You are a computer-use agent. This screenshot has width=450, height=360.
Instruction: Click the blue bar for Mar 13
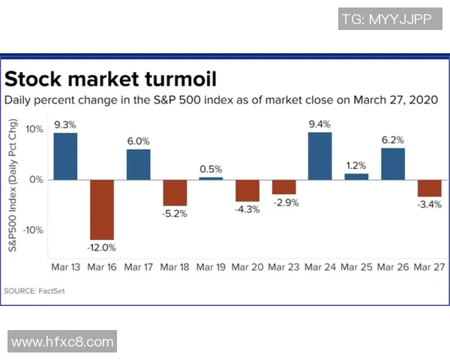pyautogui.click(x=65, y=156)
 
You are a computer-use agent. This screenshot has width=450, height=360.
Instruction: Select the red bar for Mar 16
pyautogui.click(x=102, y=209)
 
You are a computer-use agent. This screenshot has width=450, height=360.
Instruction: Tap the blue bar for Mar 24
pyautogui.click(x=320, y=156)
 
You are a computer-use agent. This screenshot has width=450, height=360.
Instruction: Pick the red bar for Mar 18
pyautogui.click(x=175, y=193)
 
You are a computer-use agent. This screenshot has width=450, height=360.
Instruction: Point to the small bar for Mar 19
pyautogui.click(x=211, y=178)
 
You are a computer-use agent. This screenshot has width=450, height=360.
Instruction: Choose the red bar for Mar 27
pyautogui.click(x=429, y=188)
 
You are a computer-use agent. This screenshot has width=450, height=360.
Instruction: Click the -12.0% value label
pyautogui.click(x=102, y=247)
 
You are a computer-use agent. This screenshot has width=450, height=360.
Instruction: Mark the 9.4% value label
pyautogui.click(x=320, y=124)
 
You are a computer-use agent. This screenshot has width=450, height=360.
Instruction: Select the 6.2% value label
pyautogui.click(x=393, y=139)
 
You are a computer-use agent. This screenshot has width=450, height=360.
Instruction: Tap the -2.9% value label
pyautogui.click(x=284, y=203)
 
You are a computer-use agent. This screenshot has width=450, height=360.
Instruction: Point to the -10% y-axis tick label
pyautogui.click(x=33, y=230)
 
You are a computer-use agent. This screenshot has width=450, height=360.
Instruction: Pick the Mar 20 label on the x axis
pyautogui.click(x=247, y=268)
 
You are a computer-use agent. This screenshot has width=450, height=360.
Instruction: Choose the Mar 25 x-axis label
pyautogui.click(x=356, y=268)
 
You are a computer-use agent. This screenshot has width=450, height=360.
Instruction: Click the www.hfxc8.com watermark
pyautogui.click(x=62, y=342)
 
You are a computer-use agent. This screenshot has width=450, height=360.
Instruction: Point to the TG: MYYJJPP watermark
pyautogui.click(x=385, y=19)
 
